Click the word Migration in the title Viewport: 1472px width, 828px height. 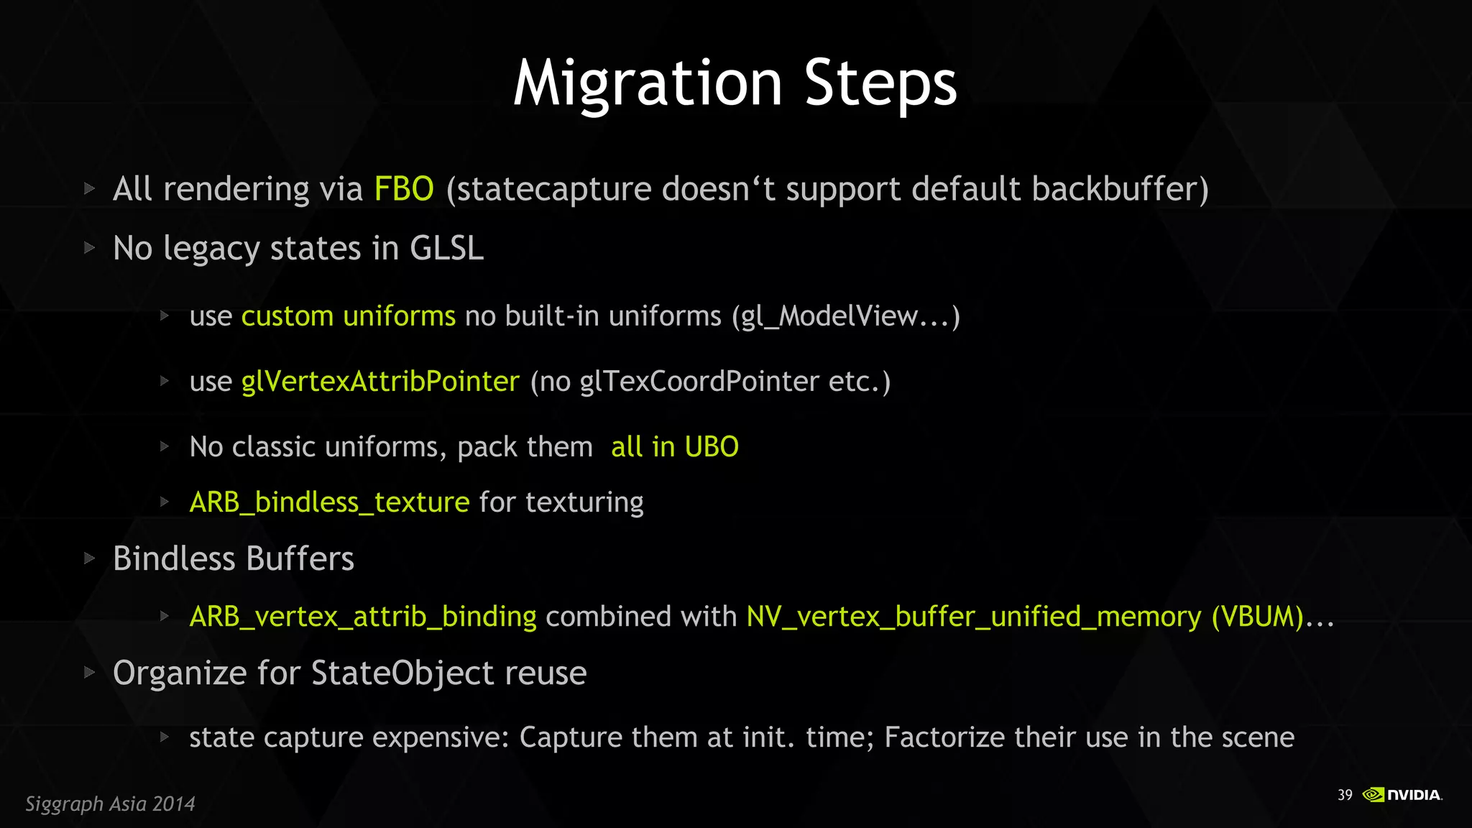tap(648, 84)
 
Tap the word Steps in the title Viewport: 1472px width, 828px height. tap(880, 84)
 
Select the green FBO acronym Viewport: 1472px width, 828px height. tap(404, 189)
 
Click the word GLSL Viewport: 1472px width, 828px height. tap(446, 249)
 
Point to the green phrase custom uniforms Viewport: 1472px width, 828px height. tap(348, 316)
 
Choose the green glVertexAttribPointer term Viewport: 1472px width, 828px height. tap(380, 382)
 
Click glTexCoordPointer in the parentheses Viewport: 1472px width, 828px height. tap(699, 382)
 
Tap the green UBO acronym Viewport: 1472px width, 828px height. tap(712, 447)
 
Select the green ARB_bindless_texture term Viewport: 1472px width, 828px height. tap(329, 502)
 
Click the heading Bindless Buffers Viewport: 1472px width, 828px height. tap(234, 559)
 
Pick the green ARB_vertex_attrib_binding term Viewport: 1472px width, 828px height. tap(362, 617)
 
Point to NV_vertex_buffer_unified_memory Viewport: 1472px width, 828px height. tap(974, 617)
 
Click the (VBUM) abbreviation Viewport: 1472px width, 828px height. tap(1258, 617)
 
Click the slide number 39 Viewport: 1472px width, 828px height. tap(1345, 795)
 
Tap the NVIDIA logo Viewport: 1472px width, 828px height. tap(1402, 795)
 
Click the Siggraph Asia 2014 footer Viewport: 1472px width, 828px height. tap(110, 804)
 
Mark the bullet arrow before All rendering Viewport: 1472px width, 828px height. tap(90, 189)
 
